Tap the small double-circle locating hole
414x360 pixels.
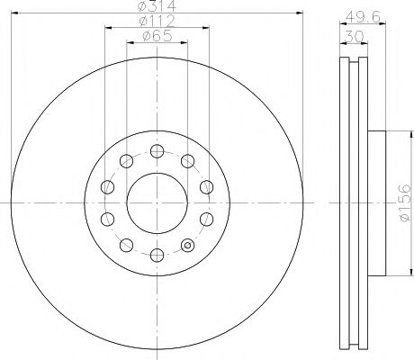point(188,244)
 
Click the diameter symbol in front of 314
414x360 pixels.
point(144,8)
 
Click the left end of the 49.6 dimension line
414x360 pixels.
point(339,24)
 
